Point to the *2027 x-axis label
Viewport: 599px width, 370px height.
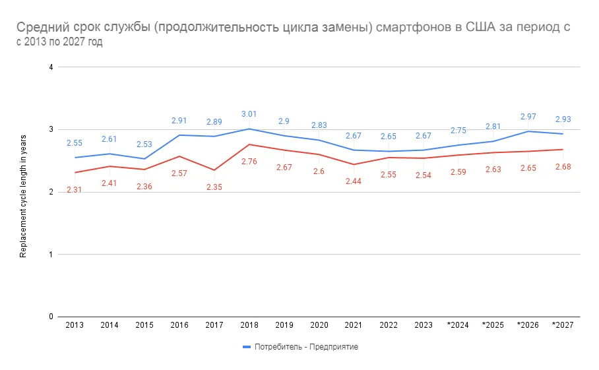[562, 326]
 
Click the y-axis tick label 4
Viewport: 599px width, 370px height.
[51, 67]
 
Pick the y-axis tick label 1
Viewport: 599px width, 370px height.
[51, 255]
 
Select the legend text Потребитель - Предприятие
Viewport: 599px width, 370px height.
[306, 347]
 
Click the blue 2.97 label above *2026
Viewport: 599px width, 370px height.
[528, 117]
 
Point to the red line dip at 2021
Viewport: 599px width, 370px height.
[354, 164]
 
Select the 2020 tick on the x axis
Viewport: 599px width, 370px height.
[319, 326]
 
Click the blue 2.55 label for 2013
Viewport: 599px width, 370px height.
[74, 142]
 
